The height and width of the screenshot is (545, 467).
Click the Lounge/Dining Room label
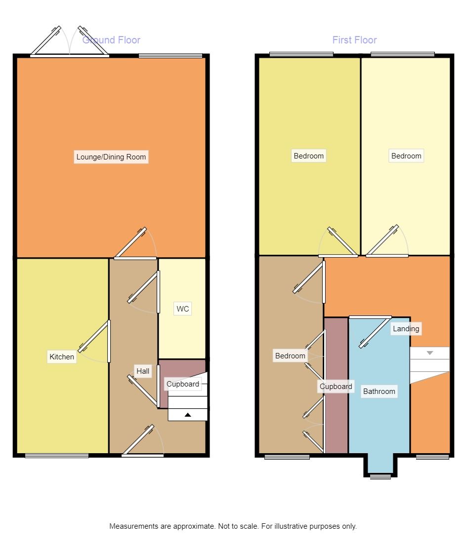point(111,157)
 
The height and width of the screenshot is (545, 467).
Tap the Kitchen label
point(62,356)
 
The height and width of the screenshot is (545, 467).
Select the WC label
point(182,310)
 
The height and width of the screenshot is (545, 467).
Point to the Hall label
point(143,371)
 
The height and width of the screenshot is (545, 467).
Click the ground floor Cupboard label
point(182,384)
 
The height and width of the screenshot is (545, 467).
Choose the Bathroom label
point(379,391)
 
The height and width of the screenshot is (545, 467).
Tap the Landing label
point(406,329)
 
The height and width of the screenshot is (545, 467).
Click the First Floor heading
point(354,40)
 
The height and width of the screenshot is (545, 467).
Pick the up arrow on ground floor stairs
point(188,415)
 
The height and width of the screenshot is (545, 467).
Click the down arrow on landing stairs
point(429,353)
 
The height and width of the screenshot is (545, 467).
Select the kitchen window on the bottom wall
point(57,456)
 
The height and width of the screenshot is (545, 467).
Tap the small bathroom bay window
point(380,476)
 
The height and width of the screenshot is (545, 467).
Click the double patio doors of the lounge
point(69,42)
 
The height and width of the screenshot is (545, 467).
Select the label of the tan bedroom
point(290,356)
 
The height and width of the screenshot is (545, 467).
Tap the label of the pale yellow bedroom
point(406,156)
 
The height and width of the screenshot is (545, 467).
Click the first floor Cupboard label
point(336,387)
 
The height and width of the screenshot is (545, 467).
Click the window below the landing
point(432,457)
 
